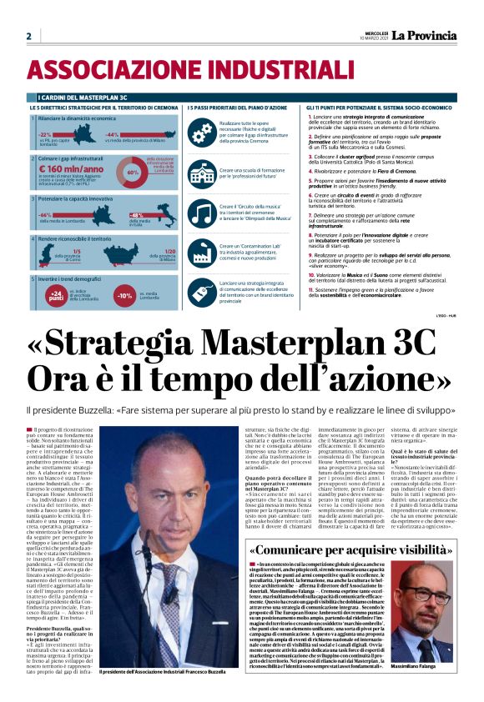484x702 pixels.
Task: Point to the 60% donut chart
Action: (x=132, y=171)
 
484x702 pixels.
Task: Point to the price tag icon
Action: (x=201, y=291)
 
